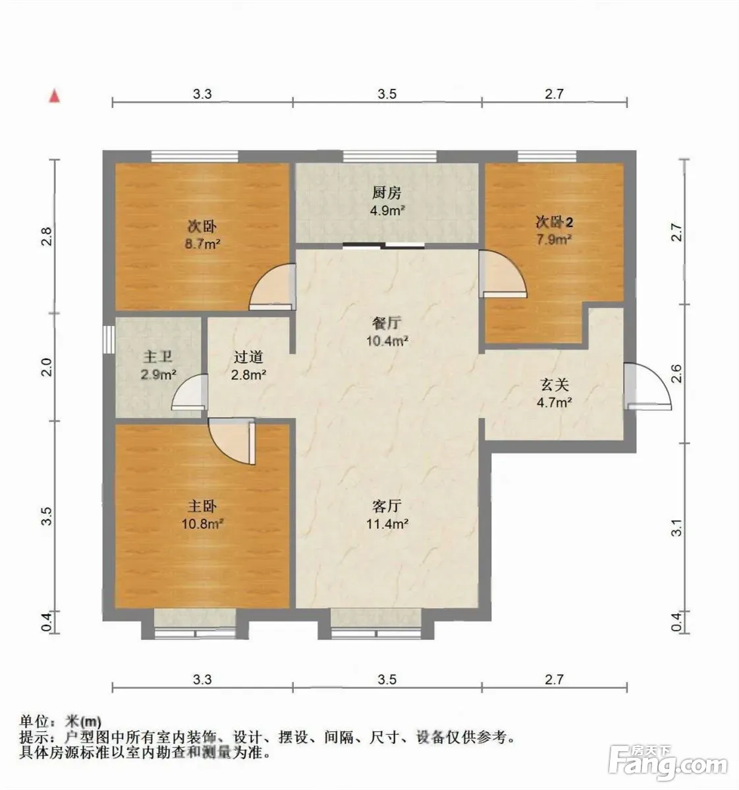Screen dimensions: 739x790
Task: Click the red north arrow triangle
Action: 54,97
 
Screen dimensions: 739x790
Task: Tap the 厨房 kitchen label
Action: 386,193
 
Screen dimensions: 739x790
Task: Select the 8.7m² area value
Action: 202,244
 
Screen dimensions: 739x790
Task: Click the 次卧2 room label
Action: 554,222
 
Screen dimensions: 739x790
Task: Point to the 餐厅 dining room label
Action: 386,323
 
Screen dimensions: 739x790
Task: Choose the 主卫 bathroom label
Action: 157,357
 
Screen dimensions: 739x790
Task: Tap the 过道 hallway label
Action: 248,357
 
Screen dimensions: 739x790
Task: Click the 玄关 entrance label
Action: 554,384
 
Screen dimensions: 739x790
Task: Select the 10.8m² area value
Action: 202,523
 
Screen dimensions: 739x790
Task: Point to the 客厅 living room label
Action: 386,506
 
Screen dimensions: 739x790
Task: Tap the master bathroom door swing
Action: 190,392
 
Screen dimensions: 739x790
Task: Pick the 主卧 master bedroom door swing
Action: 232,442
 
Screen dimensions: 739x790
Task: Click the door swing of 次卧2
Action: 503,274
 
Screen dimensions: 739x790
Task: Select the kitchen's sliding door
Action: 384,246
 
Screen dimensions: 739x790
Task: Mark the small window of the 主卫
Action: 109,339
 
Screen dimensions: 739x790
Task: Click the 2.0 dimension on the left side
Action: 47,367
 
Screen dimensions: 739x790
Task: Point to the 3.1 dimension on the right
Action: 677,528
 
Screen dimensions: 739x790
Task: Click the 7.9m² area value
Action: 554,240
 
